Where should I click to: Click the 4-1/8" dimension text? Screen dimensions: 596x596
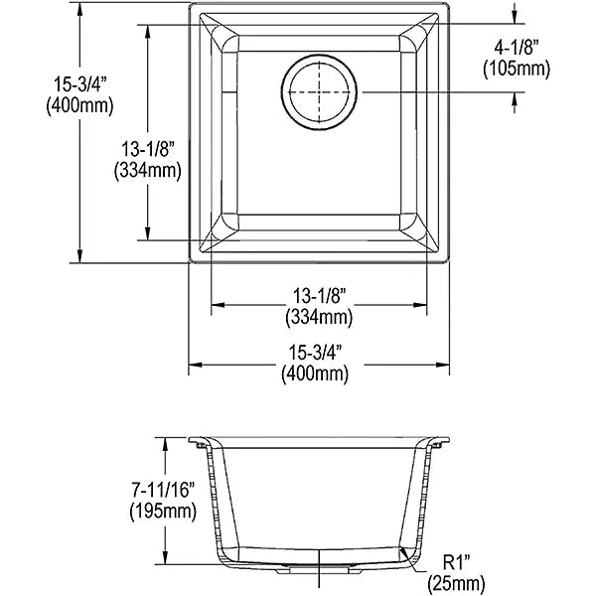pos(517,48)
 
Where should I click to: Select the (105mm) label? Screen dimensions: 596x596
pos(517,69)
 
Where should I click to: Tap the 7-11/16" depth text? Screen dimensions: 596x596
pos(163,490)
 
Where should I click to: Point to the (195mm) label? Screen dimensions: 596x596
pos(163,511)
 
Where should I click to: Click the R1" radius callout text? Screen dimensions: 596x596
pos(456,562)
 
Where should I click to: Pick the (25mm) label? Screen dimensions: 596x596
pos(456,583)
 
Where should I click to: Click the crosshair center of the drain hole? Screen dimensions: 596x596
pos(319,92)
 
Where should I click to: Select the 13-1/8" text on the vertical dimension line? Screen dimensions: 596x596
pos(147,149)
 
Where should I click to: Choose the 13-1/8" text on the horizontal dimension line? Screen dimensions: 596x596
pos(319,296)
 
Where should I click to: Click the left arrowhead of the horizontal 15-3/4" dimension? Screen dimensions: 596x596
pos(195,365)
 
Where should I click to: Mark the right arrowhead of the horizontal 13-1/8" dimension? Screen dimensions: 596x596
pos(420,305)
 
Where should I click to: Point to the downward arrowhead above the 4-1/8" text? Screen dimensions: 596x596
pos(514,18)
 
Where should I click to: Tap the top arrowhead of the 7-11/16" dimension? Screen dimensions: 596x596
pos(165,444)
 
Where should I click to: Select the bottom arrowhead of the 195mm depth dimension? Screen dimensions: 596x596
pos(165,557)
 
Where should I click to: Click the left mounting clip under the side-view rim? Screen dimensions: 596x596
pos(200,444)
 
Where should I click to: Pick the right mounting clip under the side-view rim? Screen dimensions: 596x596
pos(437,444)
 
